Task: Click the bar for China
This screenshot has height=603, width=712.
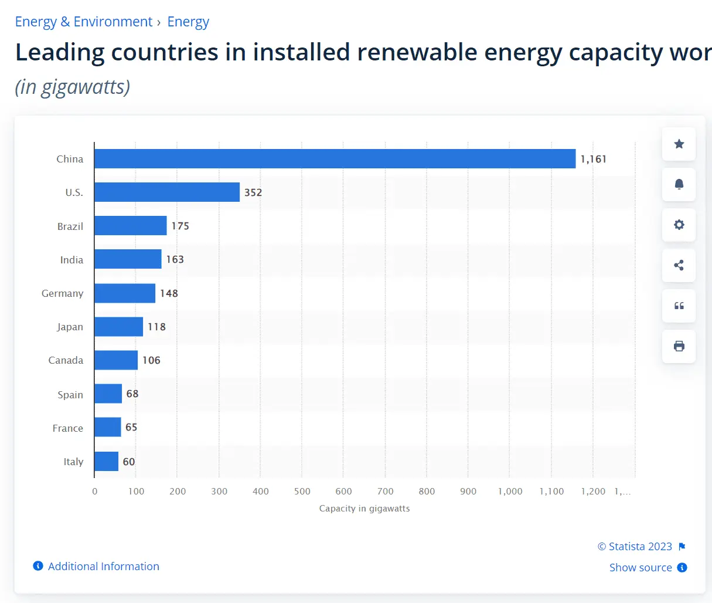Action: click(x=335, y=159)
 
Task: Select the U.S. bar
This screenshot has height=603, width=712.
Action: click(x=167, y=192)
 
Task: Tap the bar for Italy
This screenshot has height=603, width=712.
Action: click(x=106, y=462)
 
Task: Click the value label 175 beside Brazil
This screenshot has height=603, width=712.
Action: click(x=180, y=226)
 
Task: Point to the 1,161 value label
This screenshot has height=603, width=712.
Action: click(x=593, y=159)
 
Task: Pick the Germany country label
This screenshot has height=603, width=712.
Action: click(x=62, y=293)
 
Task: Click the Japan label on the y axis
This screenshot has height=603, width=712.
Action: click(x=70, y=327)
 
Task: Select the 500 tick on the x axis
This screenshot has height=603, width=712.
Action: click(x=302, y=492)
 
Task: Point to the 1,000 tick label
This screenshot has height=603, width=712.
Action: click(x=510, y=492)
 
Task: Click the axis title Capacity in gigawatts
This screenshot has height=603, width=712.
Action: click(x=364, y=509)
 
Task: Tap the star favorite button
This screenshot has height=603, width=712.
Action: click(x=679, y=144)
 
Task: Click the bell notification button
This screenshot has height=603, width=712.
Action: click(x=679, y=184)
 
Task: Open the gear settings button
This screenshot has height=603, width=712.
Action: click(x=679, y=225)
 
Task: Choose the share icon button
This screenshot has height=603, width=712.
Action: click(x=679, y=265)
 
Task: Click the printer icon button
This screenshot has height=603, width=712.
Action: click(x=679, y=346)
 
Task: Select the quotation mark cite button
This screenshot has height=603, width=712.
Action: click(x=679, y=306)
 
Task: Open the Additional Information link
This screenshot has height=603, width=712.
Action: click(x=103, y=566)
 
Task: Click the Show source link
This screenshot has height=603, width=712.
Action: click(x=641, y=568)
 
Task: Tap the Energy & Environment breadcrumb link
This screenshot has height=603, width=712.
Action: click(x=83, y=22)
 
